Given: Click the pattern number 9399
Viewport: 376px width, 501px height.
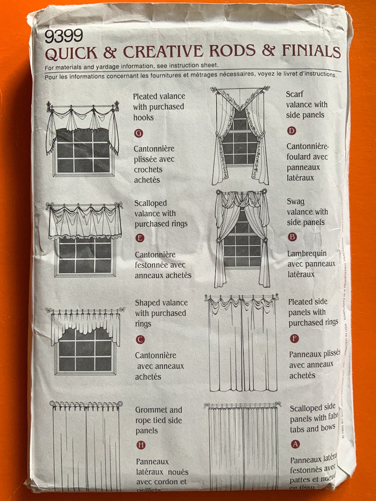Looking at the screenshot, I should tap(63, 37).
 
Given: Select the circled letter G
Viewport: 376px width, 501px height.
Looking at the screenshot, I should tap(139, 133).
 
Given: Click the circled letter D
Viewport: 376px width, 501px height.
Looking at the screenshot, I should tap(291, 131).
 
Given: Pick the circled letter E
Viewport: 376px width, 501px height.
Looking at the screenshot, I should tap(139, 238).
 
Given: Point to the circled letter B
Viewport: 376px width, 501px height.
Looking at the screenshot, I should tap(292, 237).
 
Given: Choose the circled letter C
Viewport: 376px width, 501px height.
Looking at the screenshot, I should tap(140, 340).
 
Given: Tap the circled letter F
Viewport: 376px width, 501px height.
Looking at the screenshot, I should tap(294, 339).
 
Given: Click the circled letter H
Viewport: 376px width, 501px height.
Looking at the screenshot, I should tap(141, 445).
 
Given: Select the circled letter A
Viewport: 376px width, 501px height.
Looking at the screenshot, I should tap(295, 444).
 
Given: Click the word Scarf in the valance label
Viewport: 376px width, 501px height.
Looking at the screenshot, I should tap(295, 94).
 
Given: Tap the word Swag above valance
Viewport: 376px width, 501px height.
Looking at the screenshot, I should tap(296, 202).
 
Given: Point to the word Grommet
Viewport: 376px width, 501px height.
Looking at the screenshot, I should tap(149, 410).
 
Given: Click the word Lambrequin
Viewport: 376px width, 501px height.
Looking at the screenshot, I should tap(307, 253).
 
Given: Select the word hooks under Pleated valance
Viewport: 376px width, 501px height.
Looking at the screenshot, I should tap(143, 117).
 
